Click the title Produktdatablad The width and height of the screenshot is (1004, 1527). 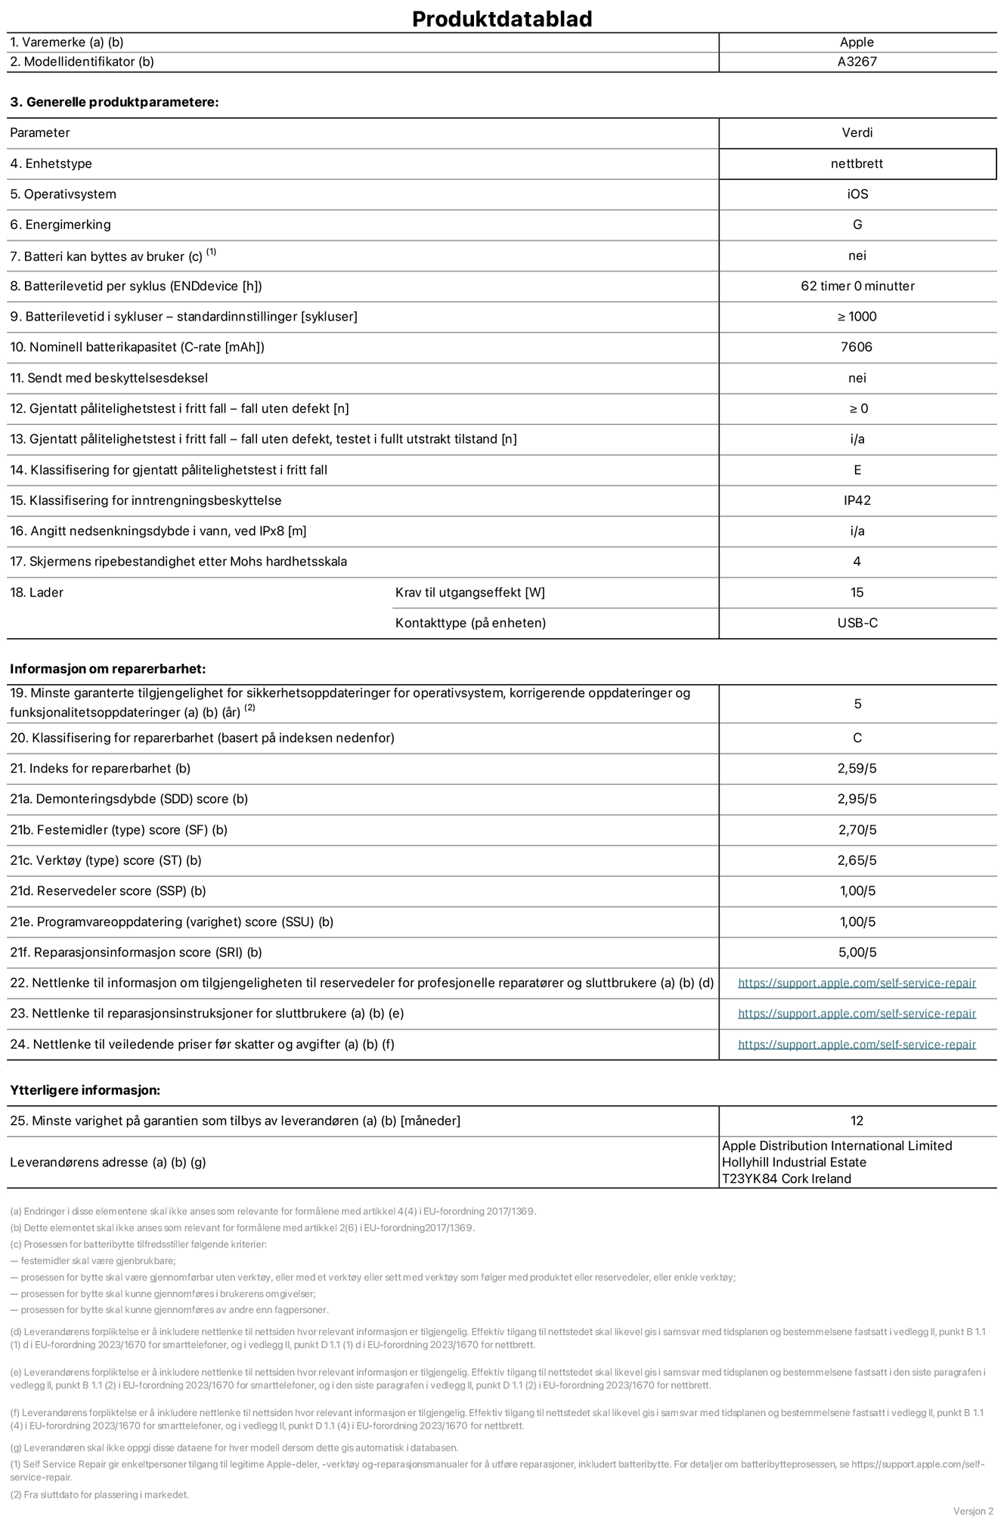pyautogui.click(x=501, y=18)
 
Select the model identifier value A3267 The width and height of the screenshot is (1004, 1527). pyautogui.click(x=857, y=62)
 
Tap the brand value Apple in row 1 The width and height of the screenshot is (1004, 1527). pyautogui.click(x=857, y=42)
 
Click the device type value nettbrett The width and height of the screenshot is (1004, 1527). pyautogui.click(x=857, y=163)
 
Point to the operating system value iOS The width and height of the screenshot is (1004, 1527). pyautogui.click(x=857, y=194)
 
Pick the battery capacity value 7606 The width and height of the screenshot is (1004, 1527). pyautogui.click(x=857, y=347)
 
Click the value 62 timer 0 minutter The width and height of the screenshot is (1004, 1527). pyautogui.click(x=857, y=286)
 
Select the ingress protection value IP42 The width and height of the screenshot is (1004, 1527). pyautogui.click(x=857, y=500)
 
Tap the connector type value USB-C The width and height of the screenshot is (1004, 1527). pyautogui.click(x=857, y=623)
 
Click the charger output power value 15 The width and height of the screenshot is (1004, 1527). pyautogui.click(x=857, y=593)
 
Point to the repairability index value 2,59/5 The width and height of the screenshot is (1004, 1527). pyautogui.click(x=857, y=769)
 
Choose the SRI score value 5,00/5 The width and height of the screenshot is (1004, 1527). pyautogui.click(x=857, y=952)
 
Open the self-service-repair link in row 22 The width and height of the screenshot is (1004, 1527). pyautogui.click(x=857, y=983)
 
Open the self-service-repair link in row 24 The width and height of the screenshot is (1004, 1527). pyautogui.click(x=857, y=1045)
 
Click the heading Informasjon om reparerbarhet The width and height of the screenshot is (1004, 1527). pyautogui.click(x=107, y=669)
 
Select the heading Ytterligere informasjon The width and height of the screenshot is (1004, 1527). pyautogui.click(x=85, y=1090)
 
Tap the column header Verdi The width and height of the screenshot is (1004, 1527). pyautogui.click(x=857, y=133)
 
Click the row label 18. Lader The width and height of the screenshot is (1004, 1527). pyautogui.click(x=36, y=593)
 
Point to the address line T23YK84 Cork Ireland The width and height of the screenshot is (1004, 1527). pyautogui.click(x=786, y=1179)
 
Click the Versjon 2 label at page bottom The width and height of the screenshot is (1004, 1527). pyautogui.click(x=972, y=1511)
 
